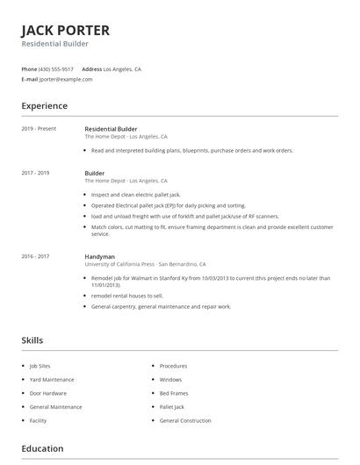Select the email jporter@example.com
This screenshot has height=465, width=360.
[x=66, y=79]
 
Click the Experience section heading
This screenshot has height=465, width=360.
[x=44, y=106]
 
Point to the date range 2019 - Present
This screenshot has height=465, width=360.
[x=39, y=129]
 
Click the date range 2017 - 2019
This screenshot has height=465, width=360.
[x=35, y=174]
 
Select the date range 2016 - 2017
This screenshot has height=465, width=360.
[x=35, y=256]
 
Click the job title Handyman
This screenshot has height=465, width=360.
[x=99, y=256]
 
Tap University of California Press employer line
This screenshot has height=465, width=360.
[x=145, y=264]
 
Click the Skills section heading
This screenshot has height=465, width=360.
[x=32, y=340]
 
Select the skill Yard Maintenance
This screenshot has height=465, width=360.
[x=52, y=380]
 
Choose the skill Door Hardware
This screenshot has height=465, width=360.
[x=48, y=393]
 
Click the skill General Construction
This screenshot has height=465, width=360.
[x=185, y=420]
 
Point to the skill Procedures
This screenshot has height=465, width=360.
[x=173, y=366]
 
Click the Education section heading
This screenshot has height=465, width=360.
[x=42, y=449]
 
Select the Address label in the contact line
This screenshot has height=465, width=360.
[x=91, y=68]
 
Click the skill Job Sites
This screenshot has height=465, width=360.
[x=40, y=366]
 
